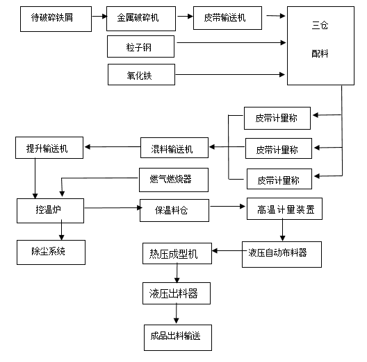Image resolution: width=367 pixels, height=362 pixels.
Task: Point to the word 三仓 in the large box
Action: pos(320,26)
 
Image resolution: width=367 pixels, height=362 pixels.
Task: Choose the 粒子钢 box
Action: pos(141,46)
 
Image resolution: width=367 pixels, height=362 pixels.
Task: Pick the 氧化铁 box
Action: pos(141,74)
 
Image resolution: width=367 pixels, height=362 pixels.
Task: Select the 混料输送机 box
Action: pos(170,148)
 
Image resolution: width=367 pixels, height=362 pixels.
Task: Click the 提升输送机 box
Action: pos(49,148)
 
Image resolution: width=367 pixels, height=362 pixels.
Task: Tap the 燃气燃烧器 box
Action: pos(170,180)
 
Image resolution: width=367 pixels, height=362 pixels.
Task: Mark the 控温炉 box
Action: pos(49,208)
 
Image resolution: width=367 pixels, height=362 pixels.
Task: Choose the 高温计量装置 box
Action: pos(284,209)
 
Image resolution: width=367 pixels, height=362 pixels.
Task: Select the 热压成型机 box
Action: pos(176,254)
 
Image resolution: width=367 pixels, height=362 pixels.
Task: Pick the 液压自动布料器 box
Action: pos(284,254)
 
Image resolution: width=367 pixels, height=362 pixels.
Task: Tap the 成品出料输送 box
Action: pos(176,336)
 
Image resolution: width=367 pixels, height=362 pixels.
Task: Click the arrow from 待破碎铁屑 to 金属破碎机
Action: pos(99,16)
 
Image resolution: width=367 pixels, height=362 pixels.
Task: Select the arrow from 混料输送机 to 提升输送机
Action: pos(111,146)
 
